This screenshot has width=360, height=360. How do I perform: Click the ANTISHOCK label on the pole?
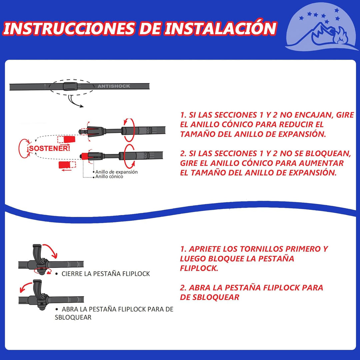114,86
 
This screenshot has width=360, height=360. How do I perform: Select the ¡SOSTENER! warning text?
49,148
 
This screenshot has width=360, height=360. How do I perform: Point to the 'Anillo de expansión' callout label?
116,172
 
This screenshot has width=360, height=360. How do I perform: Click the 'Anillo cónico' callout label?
109,177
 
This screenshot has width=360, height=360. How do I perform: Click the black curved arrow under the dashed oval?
74,103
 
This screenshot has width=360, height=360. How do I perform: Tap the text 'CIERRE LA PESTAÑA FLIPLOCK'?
106,274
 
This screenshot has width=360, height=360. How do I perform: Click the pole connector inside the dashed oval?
70,86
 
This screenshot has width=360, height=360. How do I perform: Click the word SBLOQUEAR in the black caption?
73,317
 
